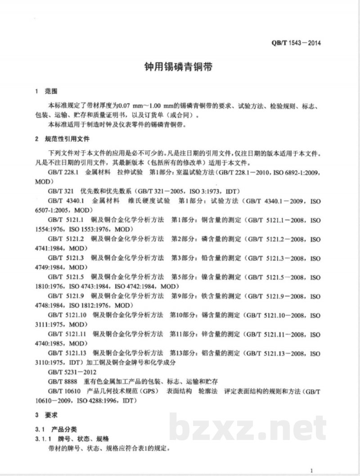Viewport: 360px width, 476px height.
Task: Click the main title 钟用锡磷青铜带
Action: (180, 68)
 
